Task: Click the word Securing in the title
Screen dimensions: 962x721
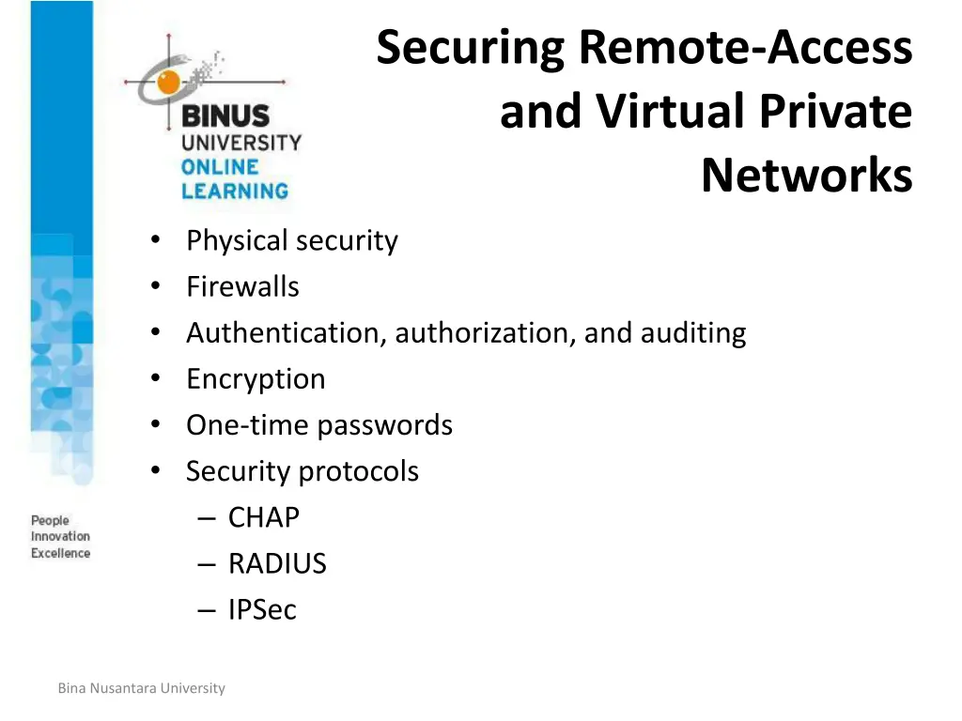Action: coord(470,49)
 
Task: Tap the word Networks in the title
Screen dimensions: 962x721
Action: coord(807,176)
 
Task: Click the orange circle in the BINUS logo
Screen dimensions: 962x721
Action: coord(168,82)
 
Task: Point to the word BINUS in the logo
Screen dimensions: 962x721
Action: coord(225,115)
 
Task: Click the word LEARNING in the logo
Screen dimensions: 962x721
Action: coord(234,191)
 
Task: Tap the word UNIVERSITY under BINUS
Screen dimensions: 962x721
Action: coord(241,143)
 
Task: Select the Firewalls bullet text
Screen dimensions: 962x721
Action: coord(243,286)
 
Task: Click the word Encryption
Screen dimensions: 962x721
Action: coord(256,379)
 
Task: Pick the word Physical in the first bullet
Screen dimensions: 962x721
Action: coord(237,241)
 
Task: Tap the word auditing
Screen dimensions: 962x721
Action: coord(693,333)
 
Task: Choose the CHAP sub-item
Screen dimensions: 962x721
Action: coord(264,517)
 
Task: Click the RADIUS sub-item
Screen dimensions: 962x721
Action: coord(277,563)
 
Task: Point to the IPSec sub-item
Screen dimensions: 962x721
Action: coord(262,609)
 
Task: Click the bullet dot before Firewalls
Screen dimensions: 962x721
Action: coord(156,285)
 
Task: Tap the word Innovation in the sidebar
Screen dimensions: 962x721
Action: coord(60,536)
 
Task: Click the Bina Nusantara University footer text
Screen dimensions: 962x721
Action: coord(142,688)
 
